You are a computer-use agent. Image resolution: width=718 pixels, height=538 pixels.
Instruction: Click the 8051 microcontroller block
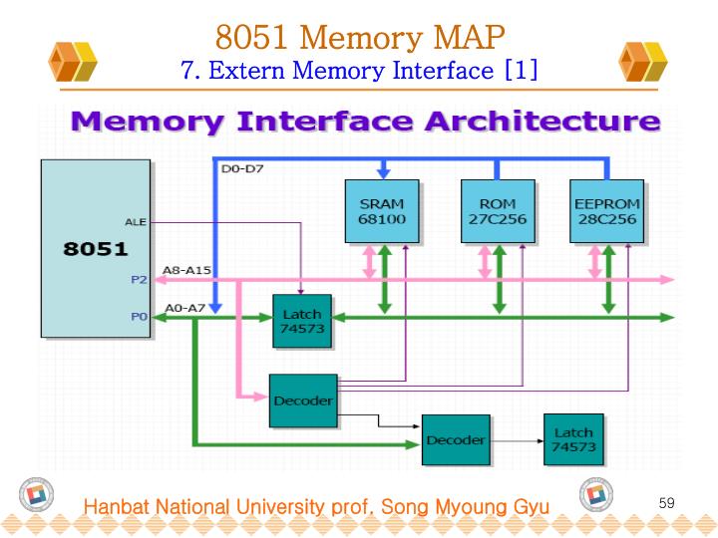(x=95, y=249)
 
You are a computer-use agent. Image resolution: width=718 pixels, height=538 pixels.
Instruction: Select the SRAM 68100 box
(x=382, y=211)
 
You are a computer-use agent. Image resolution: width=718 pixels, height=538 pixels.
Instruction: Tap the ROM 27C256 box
(x=498, y=211)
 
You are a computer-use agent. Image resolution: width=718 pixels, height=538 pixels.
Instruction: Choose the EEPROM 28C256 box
(x=607, y=211)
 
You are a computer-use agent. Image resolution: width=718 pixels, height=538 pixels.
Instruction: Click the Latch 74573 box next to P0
(x=302, y=321)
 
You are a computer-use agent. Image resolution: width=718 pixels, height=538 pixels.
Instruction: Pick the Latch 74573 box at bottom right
(x=573, y=439)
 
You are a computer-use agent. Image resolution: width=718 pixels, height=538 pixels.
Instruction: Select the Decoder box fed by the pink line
(x=302, y=401)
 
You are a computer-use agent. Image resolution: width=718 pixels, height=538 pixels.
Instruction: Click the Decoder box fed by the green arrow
(x=456, y=439)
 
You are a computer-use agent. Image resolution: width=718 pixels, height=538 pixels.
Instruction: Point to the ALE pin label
(x=136, y=221)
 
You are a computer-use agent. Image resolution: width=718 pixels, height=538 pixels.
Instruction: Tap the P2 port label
(x=139, y=280)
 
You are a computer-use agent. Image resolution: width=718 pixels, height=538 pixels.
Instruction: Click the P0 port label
(x=139, y=317)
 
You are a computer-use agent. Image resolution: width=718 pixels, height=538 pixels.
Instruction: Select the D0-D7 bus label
(x=235, y=169)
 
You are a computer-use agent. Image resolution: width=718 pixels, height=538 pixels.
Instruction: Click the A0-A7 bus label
(x=184, y=307)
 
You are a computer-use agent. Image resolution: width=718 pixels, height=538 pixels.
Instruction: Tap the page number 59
(x=666, y=503)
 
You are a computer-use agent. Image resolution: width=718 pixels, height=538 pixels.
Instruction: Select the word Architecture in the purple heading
(x=542, y=123)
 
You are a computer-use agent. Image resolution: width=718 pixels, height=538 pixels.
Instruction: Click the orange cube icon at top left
(x=74, y=62)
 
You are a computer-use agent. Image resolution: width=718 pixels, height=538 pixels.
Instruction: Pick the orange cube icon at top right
(x=643, y=62)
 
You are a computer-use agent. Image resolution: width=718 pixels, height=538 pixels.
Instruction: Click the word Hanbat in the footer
(x=116, y=508)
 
